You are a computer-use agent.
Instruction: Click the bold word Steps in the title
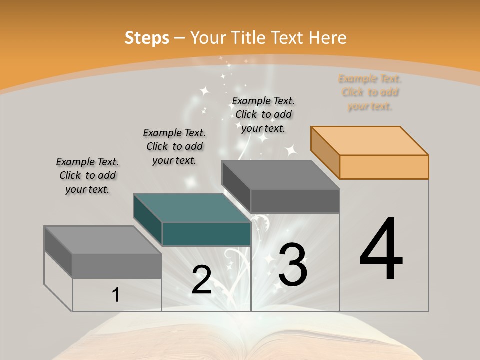click(146, 38)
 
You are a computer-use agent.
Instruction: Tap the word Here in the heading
click(328, 38)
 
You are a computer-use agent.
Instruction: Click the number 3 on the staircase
click(293, 265)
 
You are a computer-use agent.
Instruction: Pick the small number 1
click(116, 295)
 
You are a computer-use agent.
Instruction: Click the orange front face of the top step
click(384, 167)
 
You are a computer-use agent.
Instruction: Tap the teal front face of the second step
click(206, 234)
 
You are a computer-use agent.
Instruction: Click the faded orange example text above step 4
click(370, 92)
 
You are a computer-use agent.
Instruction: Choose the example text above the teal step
click(174, 146)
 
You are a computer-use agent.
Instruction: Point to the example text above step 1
click(87, 175)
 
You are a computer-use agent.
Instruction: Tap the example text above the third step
click(263, 114)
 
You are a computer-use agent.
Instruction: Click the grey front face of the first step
click(117, 266)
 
